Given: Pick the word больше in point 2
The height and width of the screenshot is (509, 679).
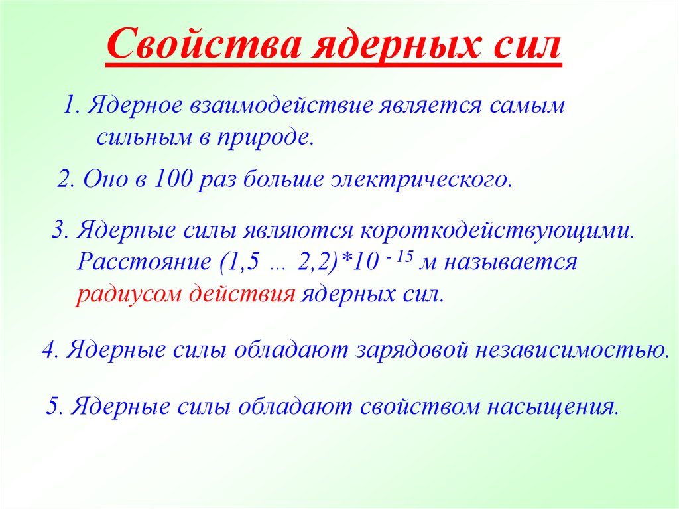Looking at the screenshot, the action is pos(282,179).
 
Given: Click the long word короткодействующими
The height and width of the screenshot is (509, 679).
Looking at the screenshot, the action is pos(497,230).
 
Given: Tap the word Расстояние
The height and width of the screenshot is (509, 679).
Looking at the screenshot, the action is pos(144,262).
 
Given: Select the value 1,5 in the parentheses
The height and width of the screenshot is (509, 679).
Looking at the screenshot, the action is pos(243,262).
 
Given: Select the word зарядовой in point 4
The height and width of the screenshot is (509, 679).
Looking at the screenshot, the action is pos(412,350).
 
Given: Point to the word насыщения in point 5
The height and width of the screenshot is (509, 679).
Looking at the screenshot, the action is pos(553,407).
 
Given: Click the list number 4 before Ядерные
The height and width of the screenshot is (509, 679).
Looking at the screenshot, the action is pos(48,350).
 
